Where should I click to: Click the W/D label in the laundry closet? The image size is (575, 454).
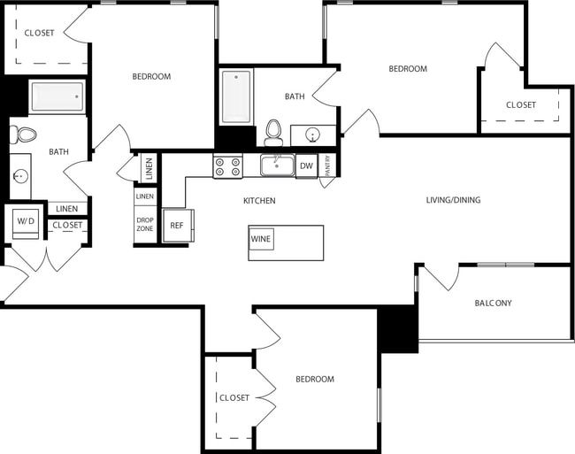tap(24, 220)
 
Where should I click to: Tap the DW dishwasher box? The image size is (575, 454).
tap(306, 165)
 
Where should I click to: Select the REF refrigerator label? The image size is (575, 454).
tap(177, 226)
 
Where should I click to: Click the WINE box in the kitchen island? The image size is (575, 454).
tap(261, 239)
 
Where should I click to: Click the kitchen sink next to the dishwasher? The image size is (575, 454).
tap(277, 165)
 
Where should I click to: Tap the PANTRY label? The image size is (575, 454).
tap(327, 167)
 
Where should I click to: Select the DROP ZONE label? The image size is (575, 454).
tap(144, 223)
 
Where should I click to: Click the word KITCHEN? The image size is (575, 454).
tap(259, 201)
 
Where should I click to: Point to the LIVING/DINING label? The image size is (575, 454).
tap(453, 200)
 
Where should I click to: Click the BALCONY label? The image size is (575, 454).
tap(493, 303)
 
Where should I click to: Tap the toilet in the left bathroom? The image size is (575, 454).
tap(25, 135)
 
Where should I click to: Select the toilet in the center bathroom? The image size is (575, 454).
tap(274, 131)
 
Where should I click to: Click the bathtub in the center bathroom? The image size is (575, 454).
tap(236, 96)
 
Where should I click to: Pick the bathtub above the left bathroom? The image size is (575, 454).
tap(57, 96)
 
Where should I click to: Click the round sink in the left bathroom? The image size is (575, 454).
tap(19, 176)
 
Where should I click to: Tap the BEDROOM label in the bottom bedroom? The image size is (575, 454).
tap(314, 379)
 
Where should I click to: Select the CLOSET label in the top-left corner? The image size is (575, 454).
tap(39, 33)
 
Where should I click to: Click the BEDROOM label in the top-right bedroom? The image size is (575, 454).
tap(408, 68)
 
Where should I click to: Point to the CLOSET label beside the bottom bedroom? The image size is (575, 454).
tap(234, 397)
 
